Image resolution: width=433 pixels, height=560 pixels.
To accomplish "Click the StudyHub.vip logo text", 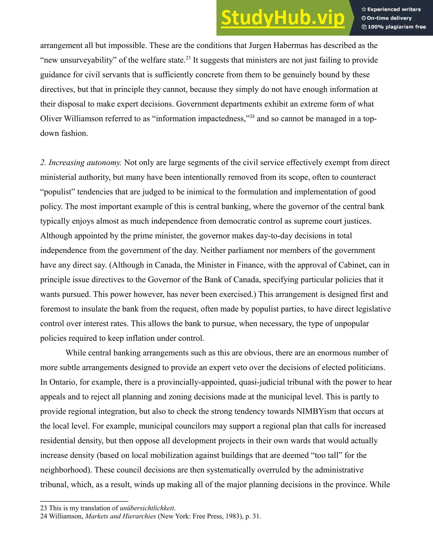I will [283, 18].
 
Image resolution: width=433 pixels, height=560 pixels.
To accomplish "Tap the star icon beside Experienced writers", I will [364, 10].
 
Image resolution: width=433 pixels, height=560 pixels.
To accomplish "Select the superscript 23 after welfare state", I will [188, 58].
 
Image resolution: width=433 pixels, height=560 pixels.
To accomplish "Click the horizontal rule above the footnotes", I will [84, 501].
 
